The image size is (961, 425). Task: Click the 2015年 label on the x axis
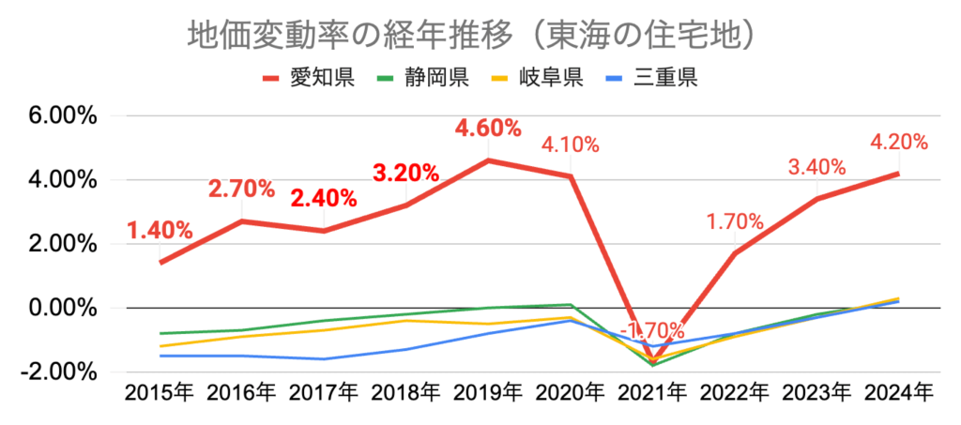(x=160, y=392)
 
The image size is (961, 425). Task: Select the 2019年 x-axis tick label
(x=488, y=392)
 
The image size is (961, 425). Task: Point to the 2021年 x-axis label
(x=652, y=392)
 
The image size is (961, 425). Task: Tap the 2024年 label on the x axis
(x=898, y=392)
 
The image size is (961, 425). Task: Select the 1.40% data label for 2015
(x=160, y=231)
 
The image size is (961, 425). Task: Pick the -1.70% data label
(x=654, y=330)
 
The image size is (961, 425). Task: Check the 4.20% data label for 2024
(x=898, y=143)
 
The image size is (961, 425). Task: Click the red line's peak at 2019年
(x=488, y=160)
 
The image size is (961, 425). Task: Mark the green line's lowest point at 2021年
(x=652, y=365)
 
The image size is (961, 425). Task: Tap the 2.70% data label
(x=242, y=190)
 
